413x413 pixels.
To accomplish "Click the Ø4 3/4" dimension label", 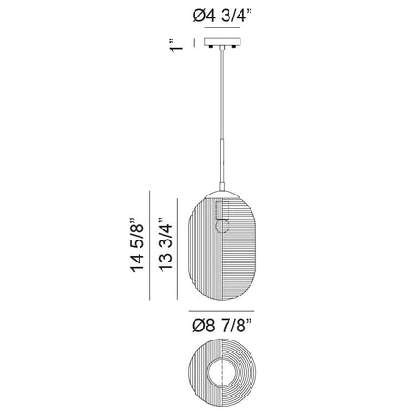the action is pyautogui.click(x=222, y=16).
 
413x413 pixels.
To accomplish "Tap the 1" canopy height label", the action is pyautogui.click(x=176, y=46).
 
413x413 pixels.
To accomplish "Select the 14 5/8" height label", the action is pyautogui.click(x=137, y=245).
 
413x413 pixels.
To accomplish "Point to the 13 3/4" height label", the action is pyautogui.click(x=165, y=245).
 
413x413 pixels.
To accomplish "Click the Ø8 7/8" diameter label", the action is pyautogui.click(x=222, y=325).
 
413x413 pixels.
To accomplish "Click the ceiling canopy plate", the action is pyautogui.click(x=222, y=41).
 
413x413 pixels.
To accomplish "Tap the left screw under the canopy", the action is pyautogui.click(x=211, y=47).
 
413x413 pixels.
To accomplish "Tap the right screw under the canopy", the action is pyautogui.click(x=234, y=47).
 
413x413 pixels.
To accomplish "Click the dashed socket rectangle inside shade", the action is pyautogui.click(x=222, y=210).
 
